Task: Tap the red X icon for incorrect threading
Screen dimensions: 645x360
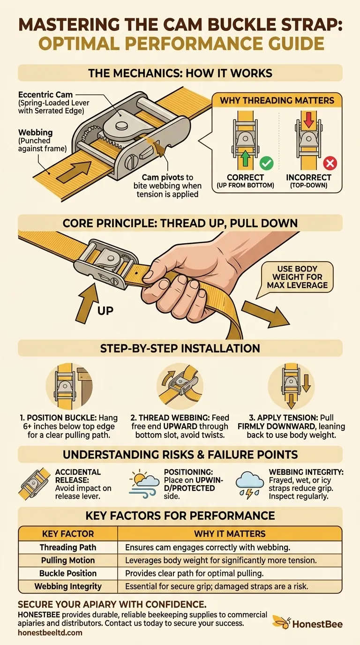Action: point(330,164)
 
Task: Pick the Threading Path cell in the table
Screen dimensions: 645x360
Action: point(67,547)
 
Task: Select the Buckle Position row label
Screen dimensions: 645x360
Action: point(67,573)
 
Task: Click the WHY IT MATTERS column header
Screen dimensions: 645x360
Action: point(230,533)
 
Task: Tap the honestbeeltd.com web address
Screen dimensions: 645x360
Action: point(50,632)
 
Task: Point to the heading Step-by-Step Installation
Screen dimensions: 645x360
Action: point(180,348)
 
